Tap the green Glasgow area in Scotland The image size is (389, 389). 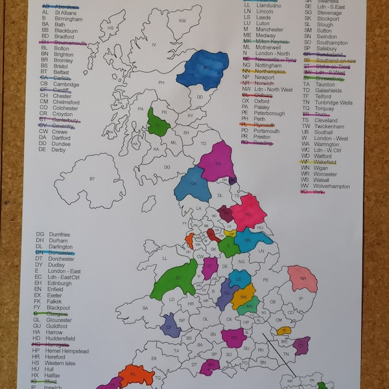coord(158,121)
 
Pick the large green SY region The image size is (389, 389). coord(174,277)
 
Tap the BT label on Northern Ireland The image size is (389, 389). coord(92,179)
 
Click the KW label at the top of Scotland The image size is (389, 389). coord(182,21)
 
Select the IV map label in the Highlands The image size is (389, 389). coord(154,45)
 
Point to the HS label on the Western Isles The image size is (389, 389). coord(110,29)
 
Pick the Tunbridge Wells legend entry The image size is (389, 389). coord(335,102)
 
